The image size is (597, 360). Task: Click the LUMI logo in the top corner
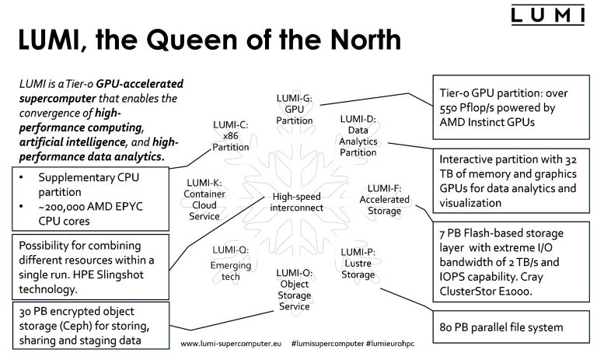click(548, 16)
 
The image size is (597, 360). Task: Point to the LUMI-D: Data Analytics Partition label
click(358, 136)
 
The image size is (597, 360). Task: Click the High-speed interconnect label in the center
click(297, 202)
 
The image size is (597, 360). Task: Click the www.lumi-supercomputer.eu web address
click(229, 343)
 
